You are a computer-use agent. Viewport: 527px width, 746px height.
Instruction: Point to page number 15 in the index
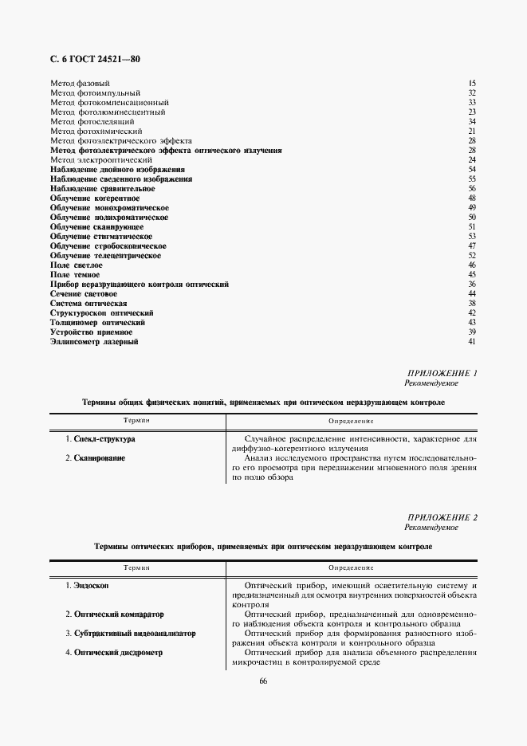472,83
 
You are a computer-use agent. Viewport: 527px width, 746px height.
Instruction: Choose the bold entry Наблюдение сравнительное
102,189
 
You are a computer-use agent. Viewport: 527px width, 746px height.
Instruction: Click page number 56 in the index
472,189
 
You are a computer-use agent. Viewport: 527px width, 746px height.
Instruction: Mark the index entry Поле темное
75,275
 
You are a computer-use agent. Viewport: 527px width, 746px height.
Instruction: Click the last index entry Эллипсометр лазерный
94,342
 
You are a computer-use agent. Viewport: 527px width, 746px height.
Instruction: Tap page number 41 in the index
472,342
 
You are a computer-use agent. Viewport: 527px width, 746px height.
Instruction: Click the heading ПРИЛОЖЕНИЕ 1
442,373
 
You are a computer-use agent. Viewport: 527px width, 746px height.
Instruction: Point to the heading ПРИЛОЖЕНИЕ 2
442,518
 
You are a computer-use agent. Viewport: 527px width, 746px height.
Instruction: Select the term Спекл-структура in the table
104,439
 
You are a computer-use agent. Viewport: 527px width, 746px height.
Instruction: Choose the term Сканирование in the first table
100,458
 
